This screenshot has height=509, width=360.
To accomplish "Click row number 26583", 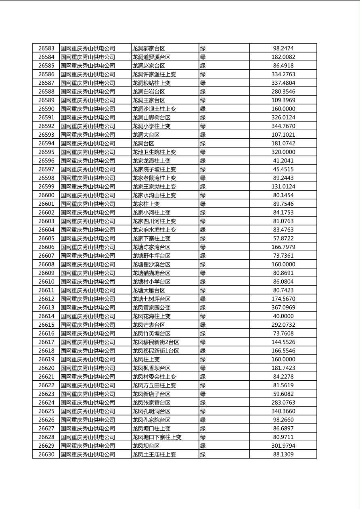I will tap(46, 48).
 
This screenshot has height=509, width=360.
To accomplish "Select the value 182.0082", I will tap(283, 57).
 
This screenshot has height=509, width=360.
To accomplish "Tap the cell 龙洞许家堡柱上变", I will tap(154, 74).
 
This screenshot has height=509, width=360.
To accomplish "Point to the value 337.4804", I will tap(283, 83).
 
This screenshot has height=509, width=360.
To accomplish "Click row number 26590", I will tap(46, 109).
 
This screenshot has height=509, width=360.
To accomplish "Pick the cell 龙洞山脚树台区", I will tap(151, 118).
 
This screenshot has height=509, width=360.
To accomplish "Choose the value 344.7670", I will tap(283, 126).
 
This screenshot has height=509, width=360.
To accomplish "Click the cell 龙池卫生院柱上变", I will tap(154, 152).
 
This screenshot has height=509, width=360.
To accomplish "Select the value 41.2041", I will tap(283, 161).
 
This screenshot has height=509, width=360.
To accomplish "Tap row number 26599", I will tap(46, 187).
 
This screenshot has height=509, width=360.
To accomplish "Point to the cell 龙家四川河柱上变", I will tap(154, 221).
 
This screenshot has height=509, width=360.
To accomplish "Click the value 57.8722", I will tap(283, 238).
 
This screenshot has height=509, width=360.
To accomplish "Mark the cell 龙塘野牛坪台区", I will tap(151, 256).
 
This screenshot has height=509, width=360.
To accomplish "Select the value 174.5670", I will tap(283, 299).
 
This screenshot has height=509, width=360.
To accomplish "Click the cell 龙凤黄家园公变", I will tap(151, 308).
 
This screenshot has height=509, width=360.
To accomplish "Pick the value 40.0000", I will tap(283, 316).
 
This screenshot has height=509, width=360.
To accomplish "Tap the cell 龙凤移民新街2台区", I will tap(156, 342).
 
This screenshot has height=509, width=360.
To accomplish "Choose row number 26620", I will tap(46, 368).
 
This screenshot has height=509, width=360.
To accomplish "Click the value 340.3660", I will tap(283, 411).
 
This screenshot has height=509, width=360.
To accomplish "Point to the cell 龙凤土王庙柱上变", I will tap(154, 455).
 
